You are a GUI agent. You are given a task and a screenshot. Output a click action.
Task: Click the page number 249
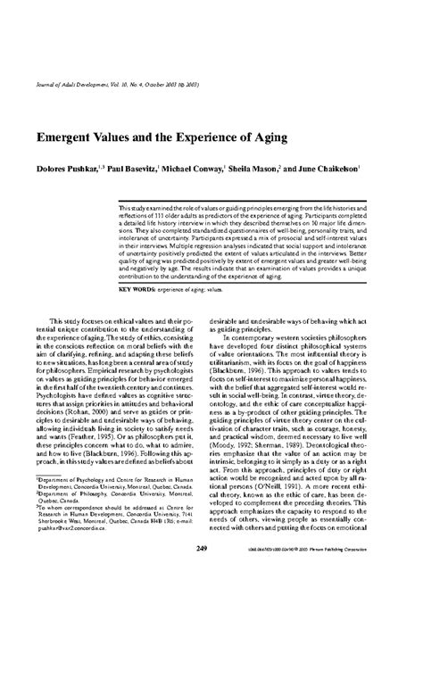coord(211,595)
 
